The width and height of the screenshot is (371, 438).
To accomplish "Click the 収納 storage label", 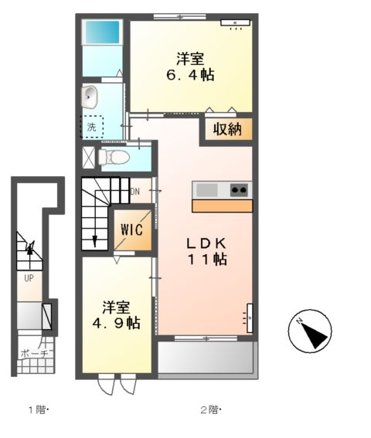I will pyautogui.click(x=227, y=129).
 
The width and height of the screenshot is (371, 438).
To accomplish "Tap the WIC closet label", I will pyautogui.click(x=131, y=230).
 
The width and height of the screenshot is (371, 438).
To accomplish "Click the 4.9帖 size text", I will pyautogui.click(x=117, y=322).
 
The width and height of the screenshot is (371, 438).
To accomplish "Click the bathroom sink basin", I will pyautogui.click(x=90, y=97).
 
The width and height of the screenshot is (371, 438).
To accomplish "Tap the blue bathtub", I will pyautogui.click(x=102, y=32).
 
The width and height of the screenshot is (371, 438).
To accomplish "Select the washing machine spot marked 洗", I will pyautogui.click(x=92, y=126).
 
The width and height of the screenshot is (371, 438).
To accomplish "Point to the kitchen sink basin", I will pyautogui.click(x=207, y=189).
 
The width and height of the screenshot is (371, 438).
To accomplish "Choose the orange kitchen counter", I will pyautogui.click(x=222, y=205).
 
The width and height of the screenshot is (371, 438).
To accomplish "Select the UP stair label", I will pyautogui.click(x=29, y=278).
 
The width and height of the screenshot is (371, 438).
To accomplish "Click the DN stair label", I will pyautogui.click(x=134, y=191).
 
